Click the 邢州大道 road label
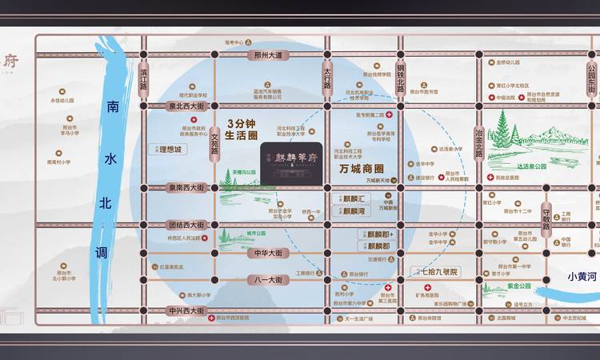click(x=269, y=55)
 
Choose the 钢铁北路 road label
click(x=400, y=78)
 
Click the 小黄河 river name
click(x=582, y=277)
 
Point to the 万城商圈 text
click(x=362, y=169)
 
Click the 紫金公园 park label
click(x=518, y=284)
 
